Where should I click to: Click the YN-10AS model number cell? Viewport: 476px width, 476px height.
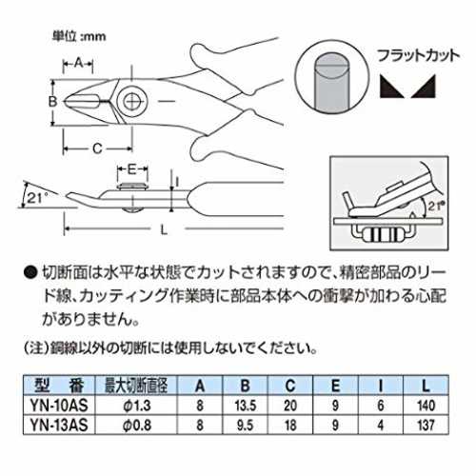(59, 406)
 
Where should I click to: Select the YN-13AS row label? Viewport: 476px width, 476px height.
(59, 425)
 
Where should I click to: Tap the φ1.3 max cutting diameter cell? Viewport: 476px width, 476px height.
(137, 406)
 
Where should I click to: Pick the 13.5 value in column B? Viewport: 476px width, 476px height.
(246, 406)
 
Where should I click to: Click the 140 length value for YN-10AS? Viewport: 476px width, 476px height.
(426, 406)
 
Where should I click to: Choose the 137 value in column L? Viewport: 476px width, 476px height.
(426, 425)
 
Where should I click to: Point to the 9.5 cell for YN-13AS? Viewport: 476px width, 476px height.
(246, 425)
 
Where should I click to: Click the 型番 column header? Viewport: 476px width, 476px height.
(59, 386)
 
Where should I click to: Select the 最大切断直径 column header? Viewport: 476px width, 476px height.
(136, 386)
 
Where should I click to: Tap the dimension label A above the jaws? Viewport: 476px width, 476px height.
(78, 63)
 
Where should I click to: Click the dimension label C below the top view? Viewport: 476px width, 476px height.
(97, 149)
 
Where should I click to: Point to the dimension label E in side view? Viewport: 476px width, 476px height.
(131, 169)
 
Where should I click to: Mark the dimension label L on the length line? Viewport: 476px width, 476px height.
(164, 229)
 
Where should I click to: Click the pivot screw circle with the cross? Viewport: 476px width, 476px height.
(132, 101)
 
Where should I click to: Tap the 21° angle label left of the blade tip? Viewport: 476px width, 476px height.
(37, 198)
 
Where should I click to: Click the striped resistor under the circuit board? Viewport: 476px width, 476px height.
(384, 235)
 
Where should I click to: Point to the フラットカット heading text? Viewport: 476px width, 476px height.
(418, 56)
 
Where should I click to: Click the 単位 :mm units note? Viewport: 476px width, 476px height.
(79, 36)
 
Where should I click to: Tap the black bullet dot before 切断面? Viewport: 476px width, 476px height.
(30, 273)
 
